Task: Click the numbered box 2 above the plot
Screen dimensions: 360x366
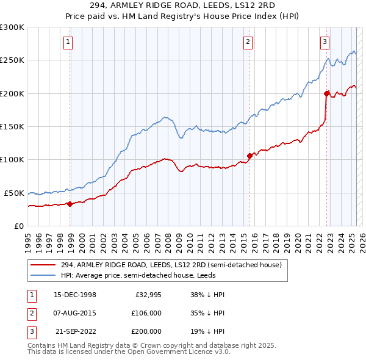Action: pyautogui.click(x=248, y=42)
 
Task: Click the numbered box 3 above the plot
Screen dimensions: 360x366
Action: pyautogui.click(x=325, y=42)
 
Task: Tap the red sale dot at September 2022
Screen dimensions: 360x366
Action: pyautogui.click(x=326, y=93)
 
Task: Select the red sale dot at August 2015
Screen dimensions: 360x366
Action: pyautogui.click(x=249, y=156)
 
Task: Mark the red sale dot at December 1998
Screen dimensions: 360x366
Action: pyautogui.click(x=70, y=204)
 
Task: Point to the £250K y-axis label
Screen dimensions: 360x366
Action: pyautogui.click(x=12, y=60)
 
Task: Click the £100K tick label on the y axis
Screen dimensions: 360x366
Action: pyautogui.click(x=12, y=159)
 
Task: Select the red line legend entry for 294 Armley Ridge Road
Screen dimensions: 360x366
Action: pyautogui.click(x=171, y=265)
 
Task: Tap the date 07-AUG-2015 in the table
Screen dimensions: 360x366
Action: pyautogui.click(x=75, y=312)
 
